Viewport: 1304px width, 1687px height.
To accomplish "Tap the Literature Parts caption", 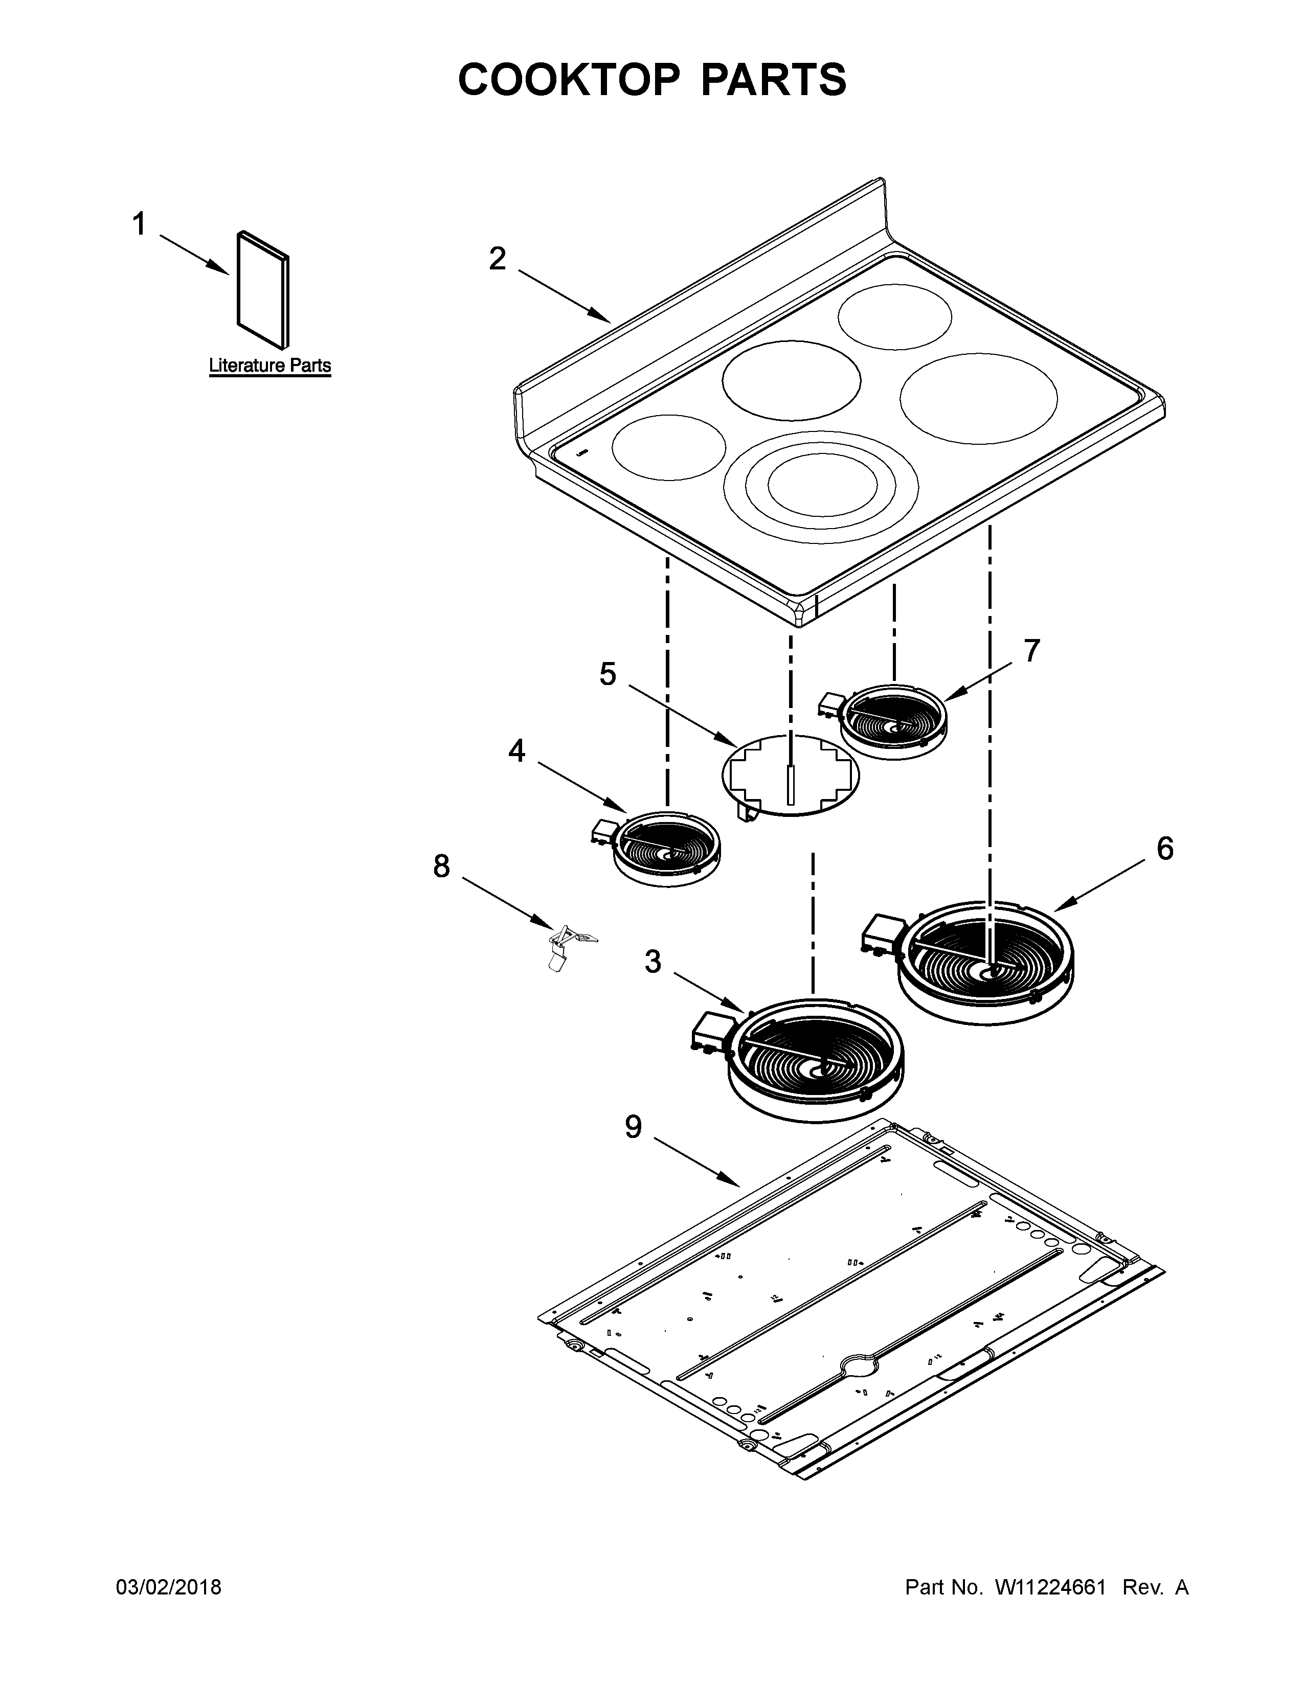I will (269, 366).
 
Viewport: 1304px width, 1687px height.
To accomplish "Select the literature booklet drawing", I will (263, 290).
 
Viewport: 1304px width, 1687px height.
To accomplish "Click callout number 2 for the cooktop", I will (498, 259).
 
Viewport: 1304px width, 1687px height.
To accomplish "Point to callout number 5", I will (608, 674).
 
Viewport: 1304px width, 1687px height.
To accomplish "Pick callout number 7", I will (1032, 651).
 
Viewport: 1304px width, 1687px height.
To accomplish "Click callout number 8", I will (441, 867).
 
